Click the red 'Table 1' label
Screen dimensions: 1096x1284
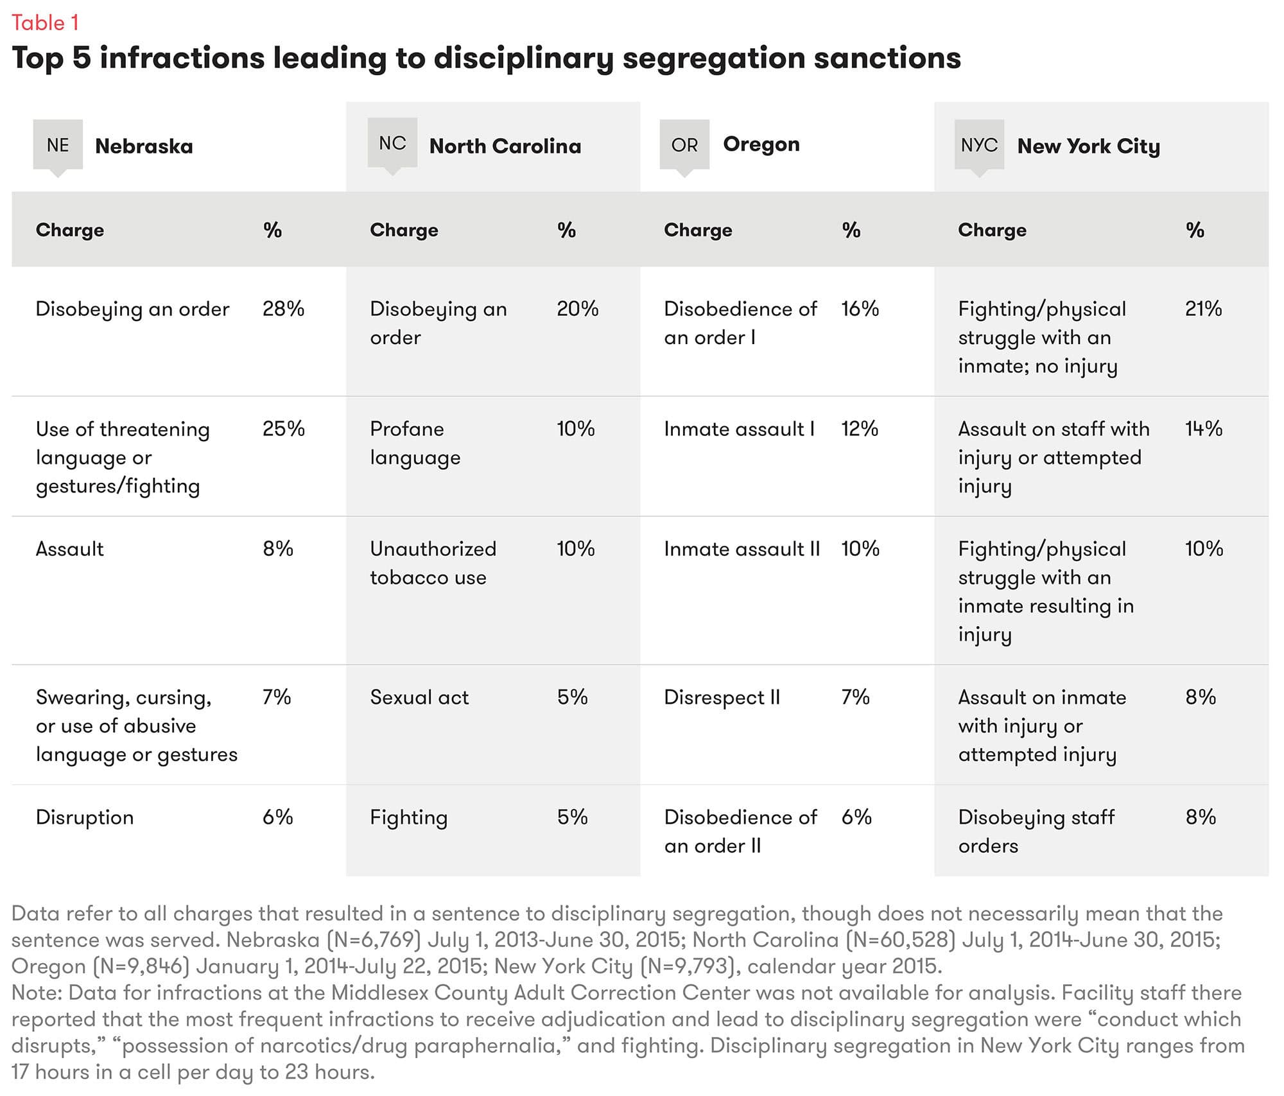point(45,23)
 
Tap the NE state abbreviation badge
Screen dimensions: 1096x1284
point(58,145)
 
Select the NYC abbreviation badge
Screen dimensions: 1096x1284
point(978,145)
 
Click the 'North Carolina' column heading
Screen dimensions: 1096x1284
point(505,146)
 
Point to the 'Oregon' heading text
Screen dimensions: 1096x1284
point(761,144)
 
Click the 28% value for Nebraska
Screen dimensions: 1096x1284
point(283,309)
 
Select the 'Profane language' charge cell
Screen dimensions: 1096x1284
point(415,443)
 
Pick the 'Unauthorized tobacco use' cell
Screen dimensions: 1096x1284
point(433,563)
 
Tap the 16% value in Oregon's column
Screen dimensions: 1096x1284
point(860,309)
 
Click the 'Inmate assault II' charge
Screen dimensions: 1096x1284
point(742,549)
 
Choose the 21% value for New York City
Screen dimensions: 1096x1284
point(1203,309)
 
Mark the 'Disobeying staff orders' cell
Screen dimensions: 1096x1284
point(1036,831)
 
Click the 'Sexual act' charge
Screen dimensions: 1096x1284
point(419,697)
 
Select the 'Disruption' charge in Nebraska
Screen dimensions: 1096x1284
point(85,817)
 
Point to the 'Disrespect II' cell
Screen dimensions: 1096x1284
point(722,697)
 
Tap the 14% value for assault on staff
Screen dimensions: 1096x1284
point(1203,429)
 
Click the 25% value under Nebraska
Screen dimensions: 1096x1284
point(283,429)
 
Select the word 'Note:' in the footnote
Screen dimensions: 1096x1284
point(37,993)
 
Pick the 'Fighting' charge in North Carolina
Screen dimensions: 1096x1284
point(408,817)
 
